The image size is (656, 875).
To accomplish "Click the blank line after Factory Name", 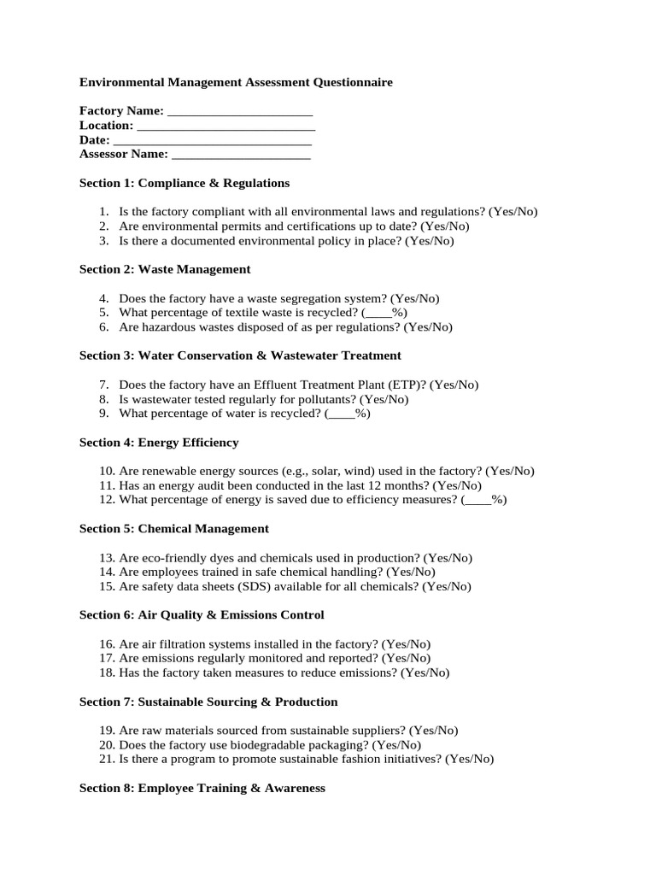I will pyautogui.click(x=240, y=112).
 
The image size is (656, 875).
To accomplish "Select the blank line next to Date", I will pyautogui.click(x=212, y=141).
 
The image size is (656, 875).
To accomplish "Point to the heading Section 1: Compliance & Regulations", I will pyautogui.click(x=184, y=183).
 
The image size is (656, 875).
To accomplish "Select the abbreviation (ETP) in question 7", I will pyautogui.click(x=407, y=385).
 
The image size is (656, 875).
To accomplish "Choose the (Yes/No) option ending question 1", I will pyautogui.click(x=513, y=212).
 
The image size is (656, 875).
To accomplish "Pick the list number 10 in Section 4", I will pyautogui.click(x=107, y=471).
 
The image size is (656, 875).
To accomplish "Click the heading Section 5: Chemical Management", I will pyautogui.click(x=174, y=529).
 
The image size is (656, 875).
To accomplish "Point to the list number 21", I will pyautogui.click(x=107, y=759).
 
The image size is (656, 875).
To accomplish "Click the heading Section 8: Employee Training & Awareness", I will pyautogui.click(x=202, y=788).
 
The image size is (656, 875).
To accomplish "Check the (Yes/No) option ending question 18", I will pyautogui.click(x=425, y=672).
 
